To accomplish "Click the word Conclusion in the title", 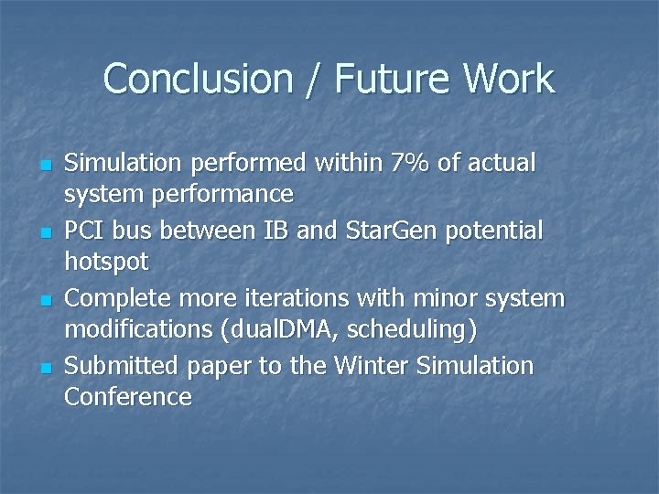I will click(x=198, y=79).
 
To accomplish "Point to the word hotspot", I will click(x=106, y=263).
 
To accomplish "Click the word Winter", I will click(x=371, y=366).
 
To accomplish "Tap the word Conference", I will click(x=128, y=397).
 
